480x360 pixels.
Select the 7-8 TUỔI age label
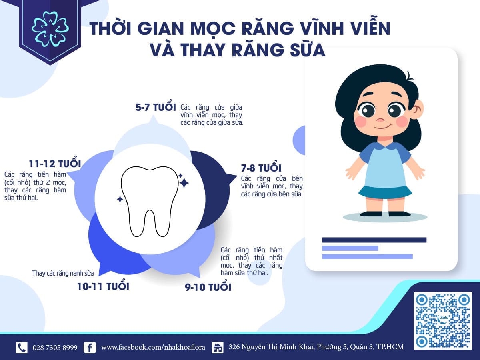coord(261,168)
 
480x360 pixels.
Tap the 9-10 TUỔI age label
coord(208,287)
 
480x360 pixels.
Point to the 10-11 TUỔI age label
coord(103,286)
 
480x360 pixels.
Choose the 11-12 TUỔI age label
coord(55,164)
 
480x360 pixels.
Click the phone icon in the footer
coord(22,347)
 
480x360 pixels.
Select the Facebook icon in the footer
coord(90,347)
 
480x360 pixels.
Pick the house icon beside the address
coord(218,347)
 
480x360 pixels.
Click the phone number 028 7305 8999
coord(55,347)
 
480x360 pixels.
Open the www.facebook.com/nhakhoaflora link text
coord(153,347)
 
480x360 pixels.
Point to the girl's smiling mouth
coord(383,126)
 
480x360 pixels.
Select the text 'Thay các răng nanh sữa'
coord(63,274)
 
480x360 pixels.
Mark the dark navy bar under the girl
coord(374,240)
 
